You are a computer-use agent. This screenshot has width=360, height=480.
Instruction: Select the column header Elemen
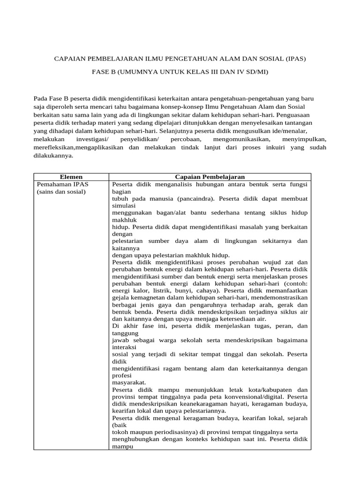[x=71, y=177]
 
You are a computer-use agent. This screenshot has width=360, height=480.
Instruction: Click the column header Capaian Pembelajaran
[x=210, y=177]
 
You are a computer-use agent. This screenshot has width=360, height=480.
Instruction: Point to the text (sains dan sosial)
[x=61, y=191]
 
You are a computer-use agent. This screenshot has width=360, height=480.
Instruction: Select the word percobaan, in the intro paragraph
[x=186, y=140]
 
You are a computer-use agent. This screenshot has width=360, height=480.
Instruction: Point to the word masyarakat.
[x=129, y=382]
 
